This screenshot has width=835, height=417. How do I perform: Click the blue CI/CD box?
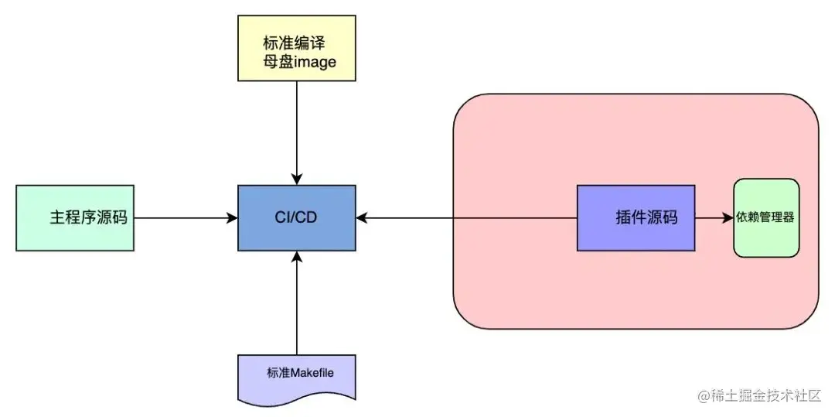click(296, 217)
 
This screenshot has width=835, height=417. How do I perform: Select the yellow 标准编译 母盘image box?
click(296, 47)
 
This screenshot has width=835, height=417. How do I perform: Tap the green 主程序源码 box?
click(74, 217)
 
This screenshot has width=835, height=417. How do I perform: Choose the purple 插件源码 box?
click(636, 217)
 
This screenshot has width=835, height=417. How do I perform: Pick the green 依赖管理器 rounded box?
click(765, 217)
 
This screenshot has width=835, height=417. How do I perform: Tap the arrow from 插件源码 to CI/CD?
click(464, 218)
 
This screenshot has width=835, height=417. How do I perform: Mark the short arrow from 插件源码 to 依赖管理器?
click(712, 218)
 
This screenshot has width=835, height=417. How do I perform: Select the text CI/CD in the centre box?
click(296, 217)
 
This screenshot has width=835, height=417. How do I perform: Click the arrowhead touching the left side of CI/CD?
click(232, 218)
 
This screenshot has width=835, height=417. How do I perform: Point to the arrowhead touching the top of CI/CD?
click(296, 179)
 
